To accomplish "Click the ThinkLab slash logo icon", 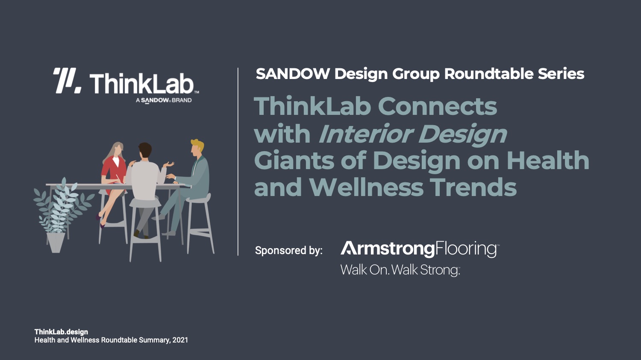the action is (x=67, y=81).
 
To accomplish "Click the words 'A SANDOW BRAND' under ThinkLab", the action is (x=164, y=100).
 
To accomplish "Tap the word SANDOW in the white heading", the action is (x=293, y=74).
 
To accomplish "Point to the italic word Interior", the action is (x=365, y=134).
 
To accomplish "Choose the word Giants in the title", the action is (x=294, y=161).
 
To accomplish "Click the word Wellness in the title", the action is (x=366, y=187).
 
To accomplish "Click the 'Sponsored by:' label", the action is (x=289, y=251).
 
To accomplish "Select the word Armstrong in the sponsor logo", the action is (x=388, y=249).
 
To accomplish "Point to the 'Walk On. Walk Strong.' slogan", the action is (x=400, y=270).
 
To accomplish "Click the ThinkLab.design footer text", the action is (x=61, y=332).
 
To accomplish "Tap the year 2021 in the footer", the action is (x=180, y=340).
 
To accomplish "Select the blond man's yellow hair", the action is (x=198, y=145).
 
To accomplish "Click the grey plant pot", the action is (x=56, y=243).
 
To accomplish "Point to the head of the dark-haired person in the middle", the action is (x=145, y=151).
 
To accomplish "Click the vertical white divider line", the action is (x=238, y=161).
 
